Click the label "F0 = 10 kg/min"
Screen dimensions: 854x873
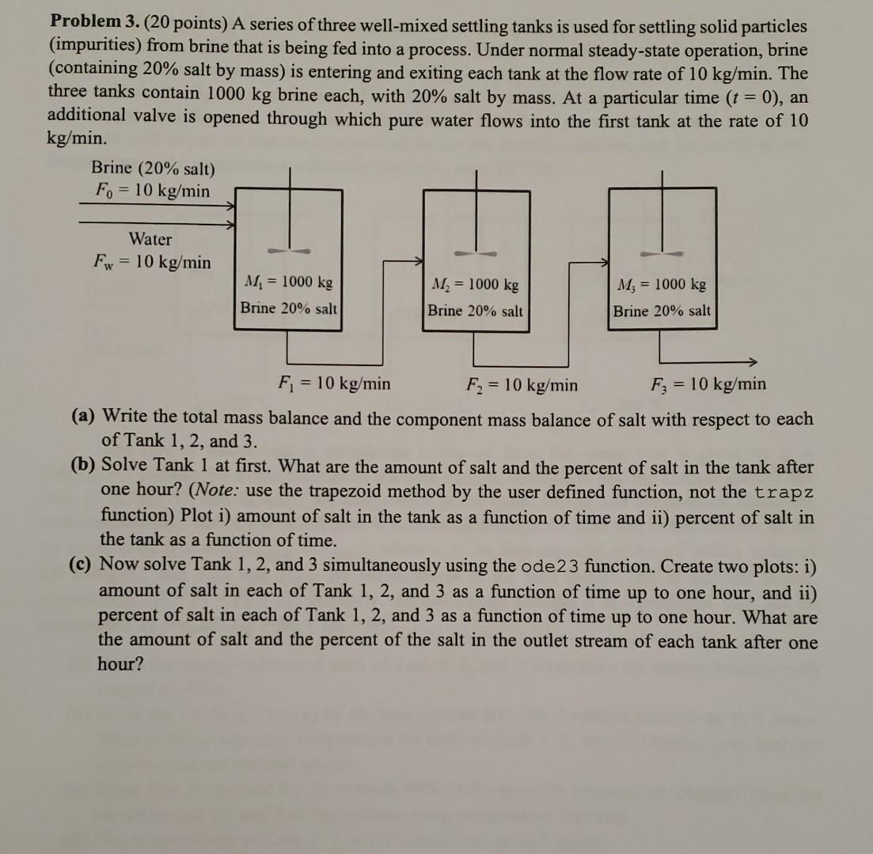point(151,191)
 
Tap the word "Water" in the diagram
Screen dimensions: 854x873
point(150,239)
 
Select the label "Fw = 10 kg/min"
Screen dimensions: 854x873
point(151,263)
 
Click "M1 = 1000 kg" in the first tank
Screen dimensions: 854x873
point(290,282)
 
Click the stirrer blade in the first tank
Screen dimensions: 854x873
point(290,250)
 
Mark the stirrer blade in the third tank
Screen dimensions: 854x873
point(663,255)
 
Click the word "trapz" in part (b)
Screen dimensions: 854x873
point(784,492)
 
